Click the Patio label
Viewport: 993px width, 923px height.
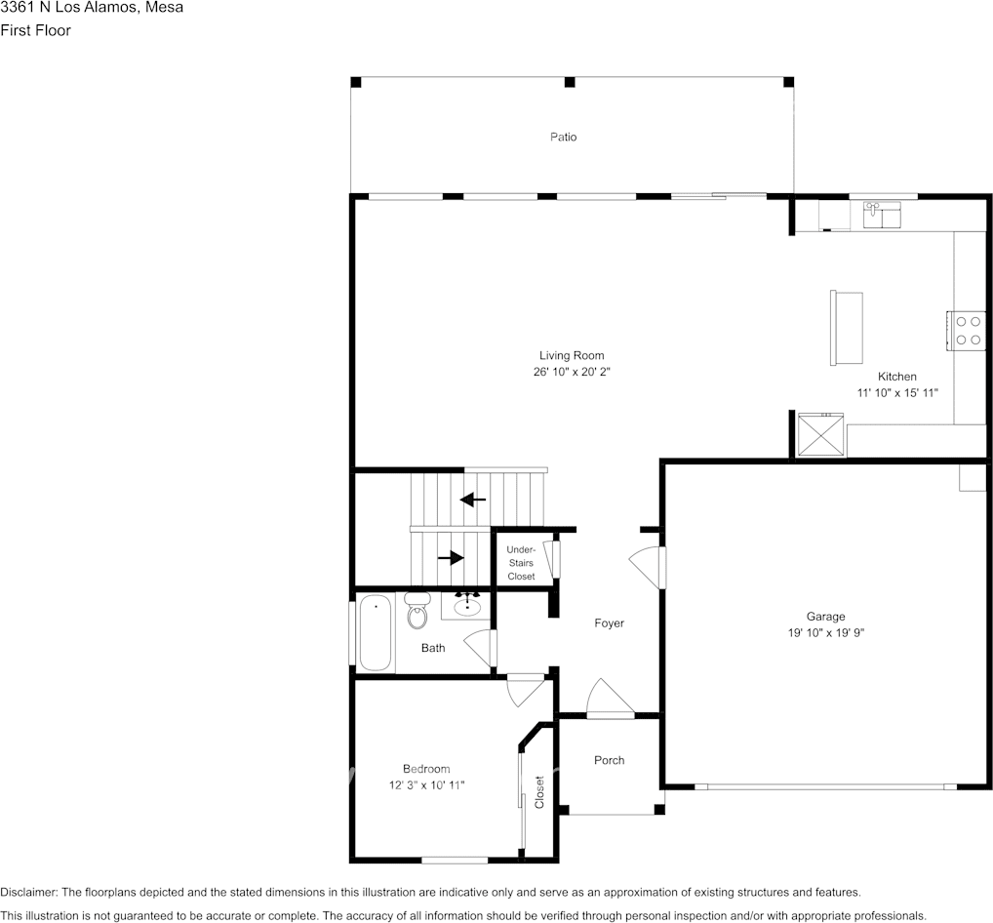point(563,137)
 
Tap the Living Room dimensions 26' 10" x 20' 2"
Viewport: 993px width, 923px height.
point(572,373)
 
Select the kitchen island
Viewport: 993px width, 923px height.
point(846,328)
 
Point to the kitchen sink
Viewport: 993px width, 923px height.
point(884,213)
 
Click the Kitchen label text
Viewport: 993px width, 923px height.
point(896,377)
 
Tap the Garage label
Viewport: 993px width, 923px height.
point(825,616)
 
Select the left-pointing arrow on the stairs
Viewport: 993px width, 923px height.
point(473,500)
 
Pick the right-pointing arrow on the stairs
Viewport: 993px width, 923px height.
point(451,558)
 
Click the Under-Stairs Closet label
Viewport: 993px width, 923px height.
point(521,563)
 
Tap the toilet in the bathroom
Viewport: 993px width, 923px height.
point(417,612)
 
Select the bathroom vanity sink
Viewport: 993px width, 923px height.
point(467,604)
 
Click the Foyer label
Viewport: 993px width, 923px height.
point(610,623)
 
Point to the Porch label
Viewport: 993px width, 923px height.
point(610,760)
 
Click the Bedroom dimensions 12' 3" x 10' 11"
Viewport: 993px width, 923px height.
point(426,784)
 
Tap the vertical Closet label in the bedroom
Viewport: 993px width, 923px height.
point(538,791)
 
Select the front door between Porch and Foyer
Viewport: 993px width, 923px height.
point(610,700)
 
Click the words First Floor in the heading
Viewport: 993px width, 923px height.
point(35,30)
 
